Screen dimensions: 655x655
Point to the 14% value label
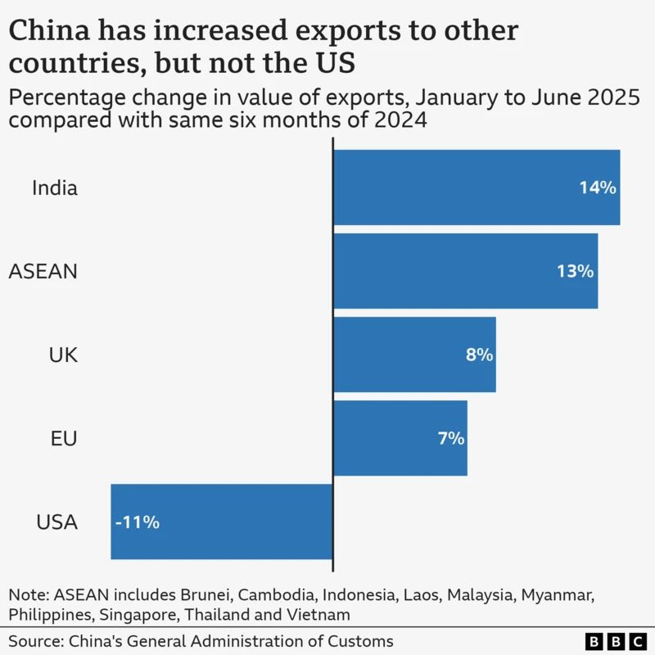[597, 187]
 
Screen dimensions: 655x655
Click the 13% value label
[575, 271]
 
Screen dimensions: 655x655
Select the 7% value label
[450, 438]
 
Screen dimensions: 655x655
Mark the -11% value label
[137, 522]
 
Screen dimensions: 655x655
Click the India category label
[55, 187]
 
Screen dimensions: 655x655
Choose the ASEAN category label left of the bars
[43, 271]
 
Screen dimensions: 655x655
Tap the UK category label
[63, 355]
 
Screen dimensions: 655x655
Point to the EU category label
[63, 438]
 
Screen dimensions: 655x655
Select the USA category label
[57, 522]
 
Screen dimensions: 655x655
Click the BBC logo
[615, 641]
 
